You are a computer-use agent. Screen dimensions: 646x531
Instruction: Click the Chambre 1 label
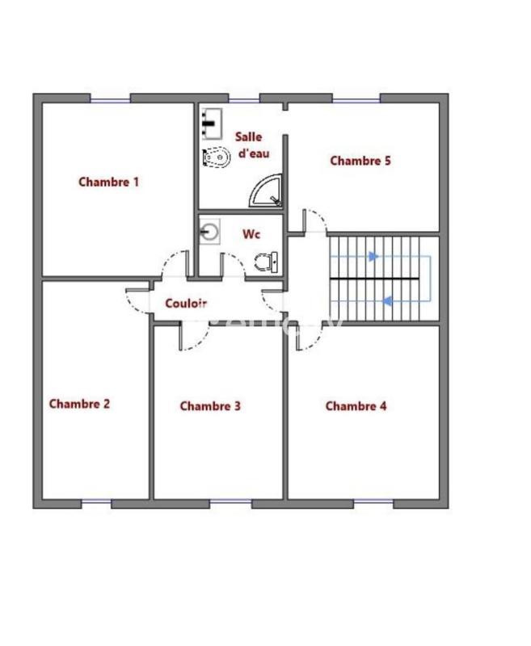(x=108, y=182)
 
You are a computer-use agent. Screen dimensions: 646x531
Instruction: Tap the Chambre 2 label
(x=79, y=404)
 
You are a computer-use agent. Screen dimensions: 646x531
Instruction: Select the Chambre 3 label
(x=210, y=406)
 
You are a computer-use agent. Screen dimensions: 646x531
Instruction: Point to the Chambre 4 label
(x=356, y=406)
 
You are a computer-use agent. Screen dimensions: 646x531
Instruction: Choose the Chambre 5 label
(x=360, y=161)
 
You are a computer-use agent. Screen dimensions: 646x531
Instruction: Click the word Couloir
(x=186, y=304)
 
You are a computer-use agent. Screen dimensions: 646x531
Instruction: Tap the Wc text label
(x=251, y=234)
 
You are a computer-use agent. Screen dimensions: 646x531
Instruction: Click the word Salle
(x=249, y=136)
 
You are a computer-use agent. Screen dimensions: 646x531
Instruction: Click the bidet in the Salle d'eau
(x=216, y=156)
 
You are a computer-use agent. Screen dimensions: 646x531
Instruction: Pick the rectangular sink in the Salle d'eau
(x=212, y=124)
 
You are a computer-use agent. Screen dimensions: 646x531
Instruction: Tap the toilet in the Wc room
(x=266, y=262)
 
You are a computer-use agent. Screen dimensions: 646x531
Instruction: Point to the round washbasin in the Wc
(x=209, y=233)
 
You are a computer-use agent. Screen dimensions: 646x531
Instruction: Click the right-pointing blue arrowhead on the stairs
(x=373, y=257)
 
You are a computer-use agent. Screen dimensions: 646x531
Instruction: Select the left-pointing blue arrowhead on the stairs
(x=388, y=301)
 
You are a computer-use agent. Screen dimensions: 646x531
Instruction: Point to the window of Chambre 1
(x=110, y=99)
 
